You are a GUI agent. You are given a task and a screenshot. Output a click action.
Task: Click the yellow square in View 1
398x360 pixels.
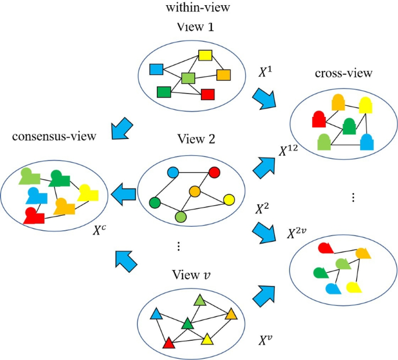pyautogui.click(x=205, y=56)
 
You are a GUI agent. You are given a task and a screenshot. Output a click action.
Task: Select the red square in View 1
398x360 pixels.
pyautogui.click(x=208, y=94)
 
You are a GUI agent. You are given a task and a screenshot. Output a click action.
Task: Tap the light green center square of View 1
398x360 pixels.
pyautogui.click(x=188, y=78)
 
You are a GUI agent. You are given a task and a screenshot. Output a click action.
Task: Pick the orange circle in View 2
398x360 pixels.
pyautogui.click(x=195, y=191)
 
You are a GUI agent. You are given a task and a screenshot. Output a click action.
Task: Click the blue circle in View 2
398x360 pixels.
pyautogui.click(x=173, y=172)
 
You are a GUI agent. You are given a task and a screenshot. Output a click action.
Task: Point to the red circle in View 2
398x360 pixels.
pyautogui.click(x=214, y=172)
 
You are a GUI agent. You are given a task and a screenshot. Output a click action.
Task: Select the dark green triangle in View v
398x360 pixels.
pyautogui.click(x=187, y=323)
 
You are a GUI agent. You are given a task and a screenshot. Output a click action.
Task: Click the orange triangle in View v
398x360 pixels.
pyautogui.click(x=231, y=314)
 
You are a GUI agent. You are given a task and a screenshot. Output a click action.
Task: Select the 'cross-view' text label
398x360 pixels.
pyautogui.click(x=336, y=74)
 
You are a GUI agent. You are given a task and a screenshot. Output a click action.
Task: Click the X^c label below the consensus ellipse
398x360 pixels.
pyautogui.click(x=100, y=229)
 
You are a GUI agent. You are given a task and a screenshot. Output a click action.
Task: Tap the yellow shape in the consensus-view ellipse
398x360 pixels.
pyautogui.click(x=88, y=191)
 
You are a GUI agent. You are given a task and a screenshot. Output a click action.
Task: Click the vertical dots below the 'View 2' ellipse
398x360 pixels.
pyautogui.click(x=178, y=247)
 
